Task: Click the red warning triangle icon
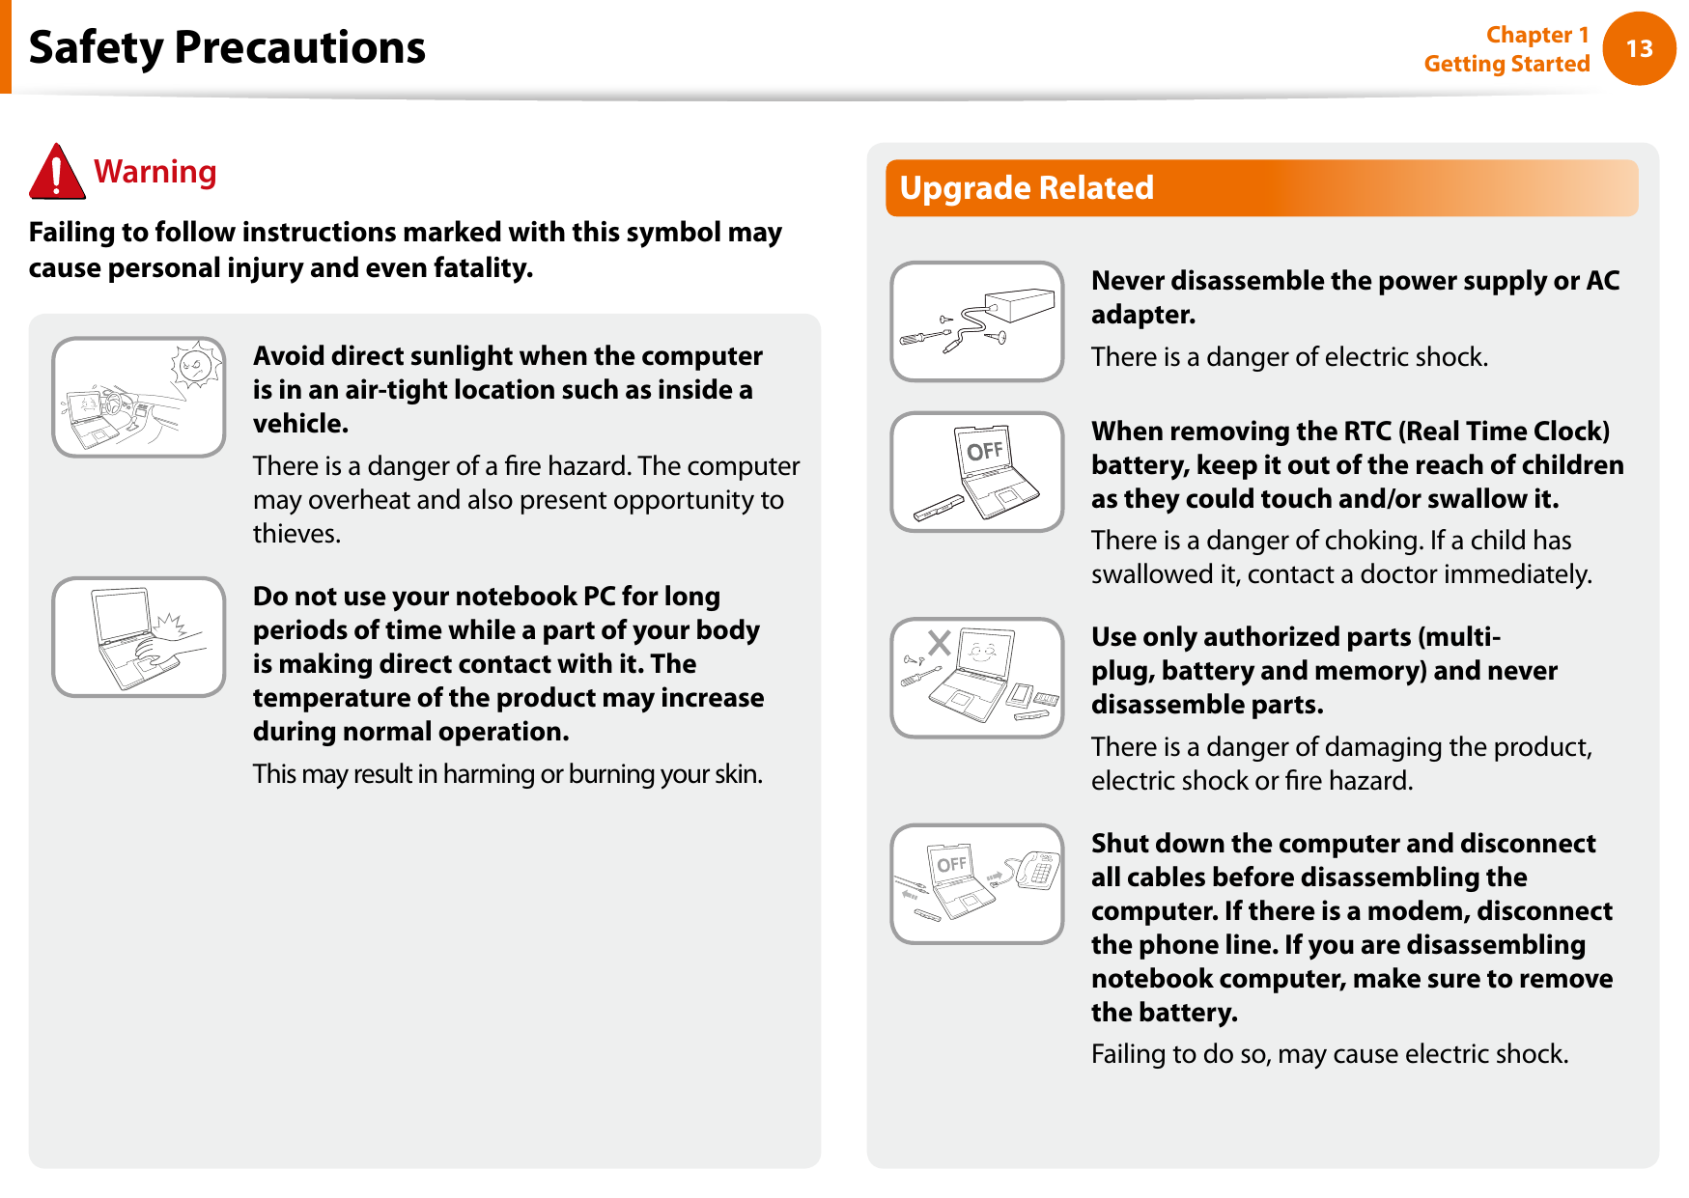(x=57, y=172)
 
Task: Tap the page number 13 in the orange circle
(x=1639, y=48)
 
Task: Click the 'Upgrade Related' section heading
(x=1027, y=187)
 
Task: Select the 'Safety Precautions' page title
(x=227, y=47)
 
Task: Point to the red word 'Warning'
(x=155, y=172)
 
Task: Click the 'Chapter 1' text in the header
(x=1537, y=35)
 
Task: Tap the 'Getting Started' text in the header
(x=1506, y=64)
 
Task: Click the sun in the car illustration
(x=196, y=366)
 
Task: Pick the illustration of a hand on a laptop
(x=139, y=637)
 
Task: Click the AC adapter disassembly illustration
(x=977, y=321)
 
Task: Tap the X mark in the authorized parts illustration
(x=940, y=642)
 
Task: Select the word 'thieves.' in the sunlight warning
(x=296, y=534)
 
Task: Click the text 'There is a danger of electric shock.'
(x=1289, y=357)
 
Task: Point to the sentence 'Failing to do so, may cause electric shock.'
(x=1330, y=1054)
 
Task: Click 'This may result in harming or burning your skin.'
(x=508, y=774)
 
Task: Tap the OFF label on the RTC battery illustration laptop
(x=985, y=451)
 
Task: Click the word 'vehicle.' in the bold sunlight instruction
(x=300, y=424)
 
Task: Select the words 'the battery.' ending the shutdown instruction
(x=1165, y=1013)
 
